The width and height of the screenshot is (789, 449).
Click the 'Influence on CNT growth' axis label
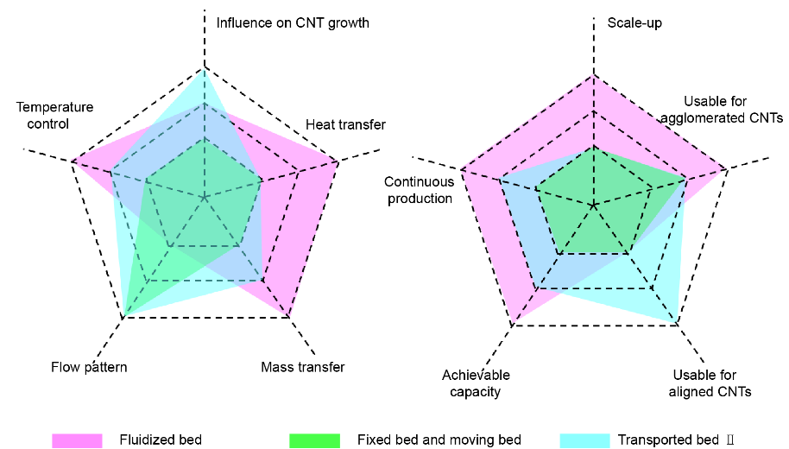[293, 23]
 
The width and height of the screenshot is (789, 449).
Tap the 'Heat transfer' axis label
[345, 124]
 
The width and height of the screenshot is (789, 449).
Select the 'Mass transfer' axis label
[302, 367]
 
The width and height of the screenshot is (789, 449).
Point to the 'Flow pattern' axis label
[89, 367]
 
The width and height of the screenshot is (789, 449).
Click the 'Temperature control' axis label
[54, 115]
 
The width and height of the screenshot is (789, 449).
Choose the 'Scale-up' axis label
[634, 23]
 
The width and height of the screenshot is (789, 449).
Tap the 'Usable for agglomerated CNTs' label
[722, 110]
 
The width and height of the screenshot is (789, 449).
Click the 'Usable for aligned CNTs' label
[710, 383]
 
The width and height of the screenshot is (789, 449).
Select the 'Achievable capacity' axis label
[476, 383]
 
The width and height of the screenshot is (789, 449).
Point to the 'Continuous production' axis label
[420, 190]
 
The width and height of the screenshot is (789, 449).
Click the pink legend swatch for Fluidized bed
[77, 440]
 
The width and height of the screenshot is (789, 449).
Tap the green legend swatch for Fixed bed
[314, 440]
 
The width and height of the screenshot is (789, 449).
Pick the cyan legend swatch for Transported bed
[584, 440]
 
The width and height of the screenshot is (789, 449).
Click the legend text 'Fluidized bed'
[161, 440]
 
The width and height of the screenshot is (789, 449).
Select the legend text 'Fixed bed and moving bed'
[439, 440]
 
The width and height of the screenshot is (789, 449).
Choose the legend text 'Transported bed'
[668, 440]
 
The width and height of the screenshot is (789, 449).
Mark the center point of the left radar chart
[205, 198]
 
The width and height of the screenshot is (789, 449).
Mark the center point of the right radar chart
[594, 206]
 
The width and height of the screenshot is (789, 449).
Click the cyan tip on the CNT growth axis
[205, 68]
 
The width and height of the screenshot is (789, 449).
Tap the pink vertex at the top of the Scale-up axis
[594, 74]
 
